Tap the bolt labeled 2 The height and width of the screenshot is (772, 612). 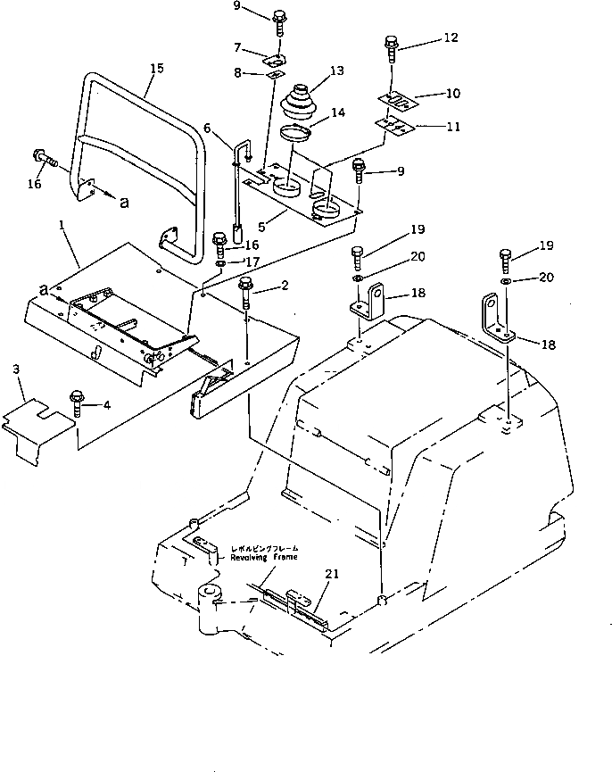coord(246,293)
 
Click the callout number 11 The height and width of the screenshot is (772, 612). coord(454,126)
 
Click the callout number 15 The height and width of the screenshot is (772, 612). coord(157,69)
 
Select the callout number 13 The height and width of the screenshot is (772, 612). coord(336,70)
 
